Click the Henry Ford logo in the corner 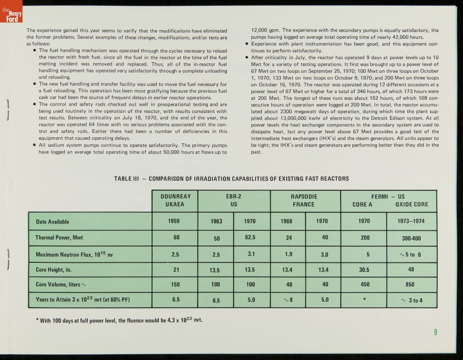pyautogui.click(x=11, y=15)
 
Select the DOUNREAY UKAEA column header pyautogui.click(x=175, y=200)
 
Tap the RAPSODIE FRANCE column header pyautogui.click(x=304, y=200)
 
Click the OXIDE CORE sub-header pyautogui.click(x=411, y=204)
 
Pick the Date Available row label pyautogui.click(x=52, y=221)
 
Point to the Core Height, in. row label pyautogui.click(x=54, y=270)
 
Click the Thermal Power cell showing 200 pyautogui.click(x=365, y=238)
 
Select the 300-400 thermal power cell pyautogui.click(x=411, y=238)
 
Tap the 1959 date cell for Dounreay pyautogui.click(x=175, y=221)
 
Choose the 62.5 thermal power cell pyautogui.click(x=251, y=237)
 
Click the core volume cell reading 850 pyautogui.click(x=410, y=284)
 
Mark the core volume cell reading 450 pyautogui.click(x=364, y=284)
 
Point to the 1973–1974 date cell pyautogui.click(x=411, y=221)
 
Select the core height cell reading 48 pyautogui.click(x=411, y=270)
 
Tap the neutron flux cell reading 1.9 pyautogui.click(x=288, y=254)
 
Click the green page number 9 pyautogui.click(x=436, y=332)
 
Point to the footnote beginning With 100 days pyautogui.click(x=119, y=320)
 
